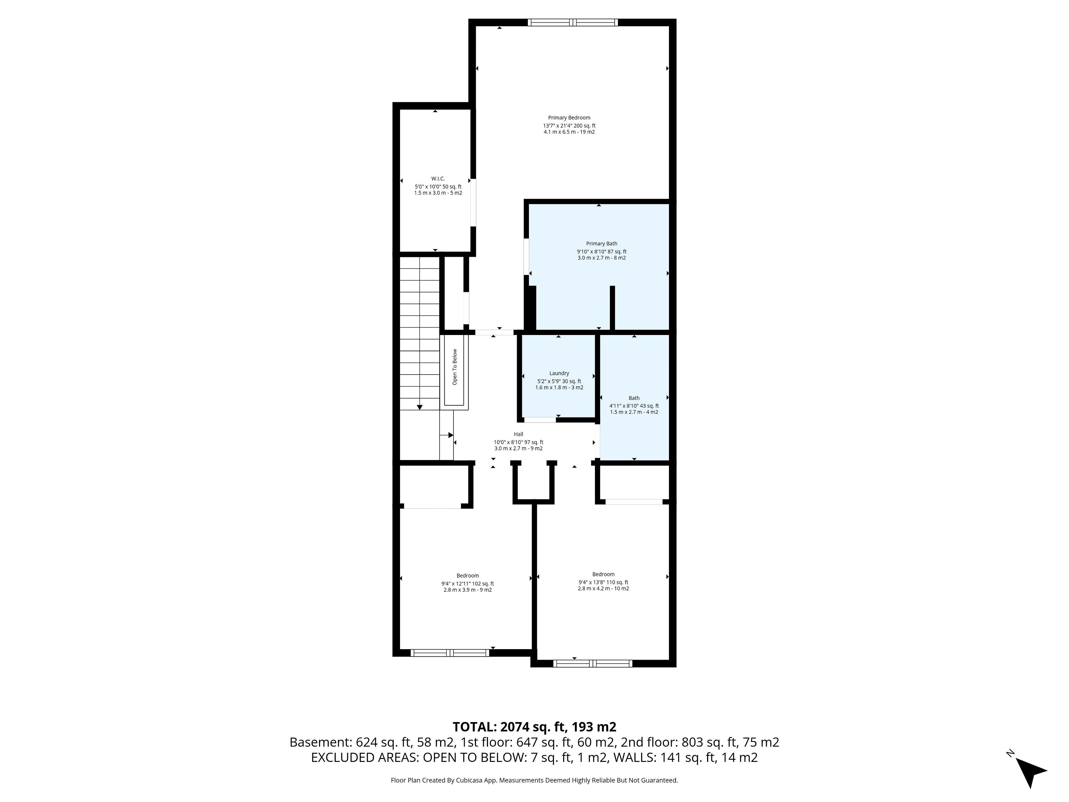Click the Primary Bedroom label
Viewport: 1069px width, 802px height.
click(x=569, y=118)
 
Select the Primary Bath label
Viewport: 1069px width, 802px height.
click(x=602, y=244)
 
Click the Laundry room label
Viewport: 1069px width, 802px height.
click(x=559, y=373)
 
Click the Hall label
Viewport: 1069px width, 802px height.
click(x=519, y=434)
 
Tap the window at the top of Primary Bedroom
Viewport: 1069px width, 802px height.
click(x=573, y=22)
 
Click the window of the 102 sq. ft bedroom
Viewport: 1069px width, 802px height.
click(x=450, y=653)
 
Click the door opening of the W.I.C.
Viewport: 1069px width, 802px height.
click(x=474, y=202)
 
